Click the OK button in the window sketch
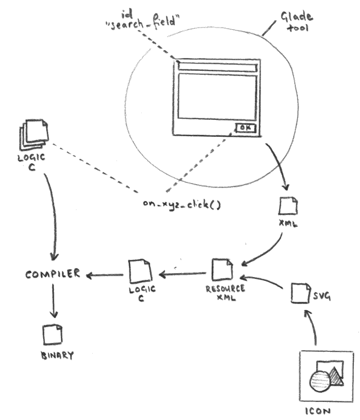246,128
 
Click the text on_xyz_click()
181,204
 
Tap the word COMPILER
48,275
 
